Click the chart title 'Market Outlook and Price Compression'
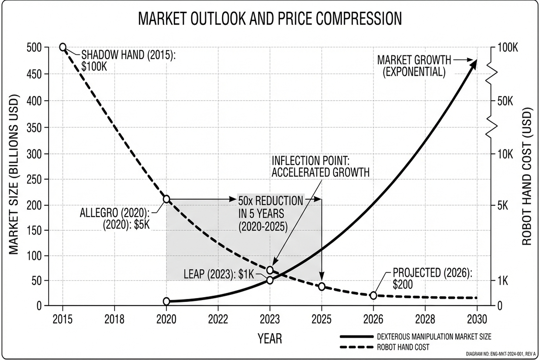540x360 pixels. pos(270,19)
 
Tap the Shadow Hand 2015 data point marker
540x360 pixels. pos(63,47)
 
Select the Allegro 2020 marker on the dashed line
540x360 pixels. pos(166,199)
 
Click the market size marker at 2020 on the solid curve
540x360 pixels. pos(166,301)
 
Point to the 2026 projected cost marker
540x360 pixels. pos(373,295)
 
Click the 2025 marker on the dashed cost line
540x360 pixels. pos(321,287)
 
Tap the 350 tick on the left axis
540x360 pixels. pos(34,128)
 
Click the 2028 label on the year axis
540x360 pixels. pos(425,319)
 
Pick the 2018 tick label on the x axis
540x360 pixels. pos(114,319)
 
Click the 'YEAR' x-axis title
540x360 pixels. pos(270,339)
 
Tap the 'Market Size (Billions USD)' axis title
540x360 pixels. pos(13,174)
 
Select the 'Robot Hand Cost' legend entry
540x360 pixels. pos(403,347)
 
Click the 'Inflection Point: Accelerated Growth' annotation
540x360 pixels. pos(320,167)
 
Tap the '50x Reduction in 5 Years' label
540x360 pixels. pos(270,214)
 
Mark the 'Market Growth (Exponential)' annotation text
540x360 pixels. pos(414,66)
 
